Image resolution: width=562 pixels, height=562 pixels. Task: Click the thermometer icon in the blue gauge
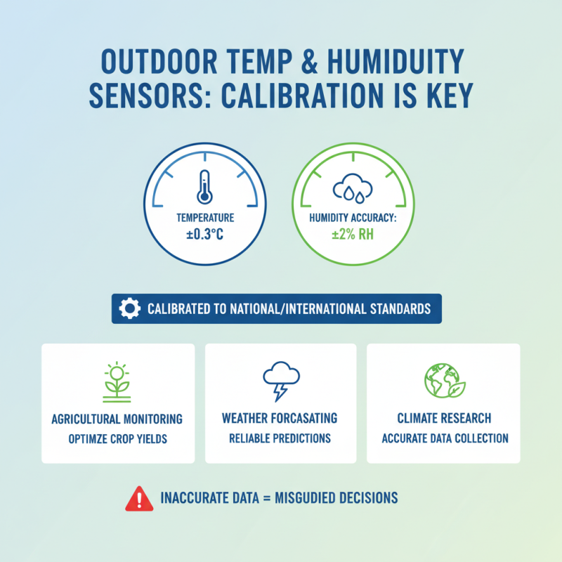(x=204, y=188)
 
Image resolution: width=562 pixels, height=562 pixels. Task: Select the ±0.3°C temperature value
(x=204, y=234)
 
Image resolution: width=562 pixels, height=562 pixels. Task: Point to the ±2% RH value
(x=353, y=234)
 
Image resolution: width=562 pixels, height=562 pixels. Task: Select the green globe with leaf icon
(x=442, y=381)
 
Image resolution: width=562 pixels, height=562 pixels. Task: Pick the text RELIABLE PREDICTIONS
(x=280, y=438)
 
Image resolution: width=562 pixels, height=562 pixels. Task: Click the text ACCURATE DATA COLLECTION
(x=444, y=438)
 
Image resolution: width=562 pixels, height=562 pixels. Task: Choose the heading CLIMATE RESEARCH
(x=444, y=419)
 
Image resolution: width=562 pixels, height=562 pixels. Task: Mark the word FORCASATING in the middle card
(x=303, y=419)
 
